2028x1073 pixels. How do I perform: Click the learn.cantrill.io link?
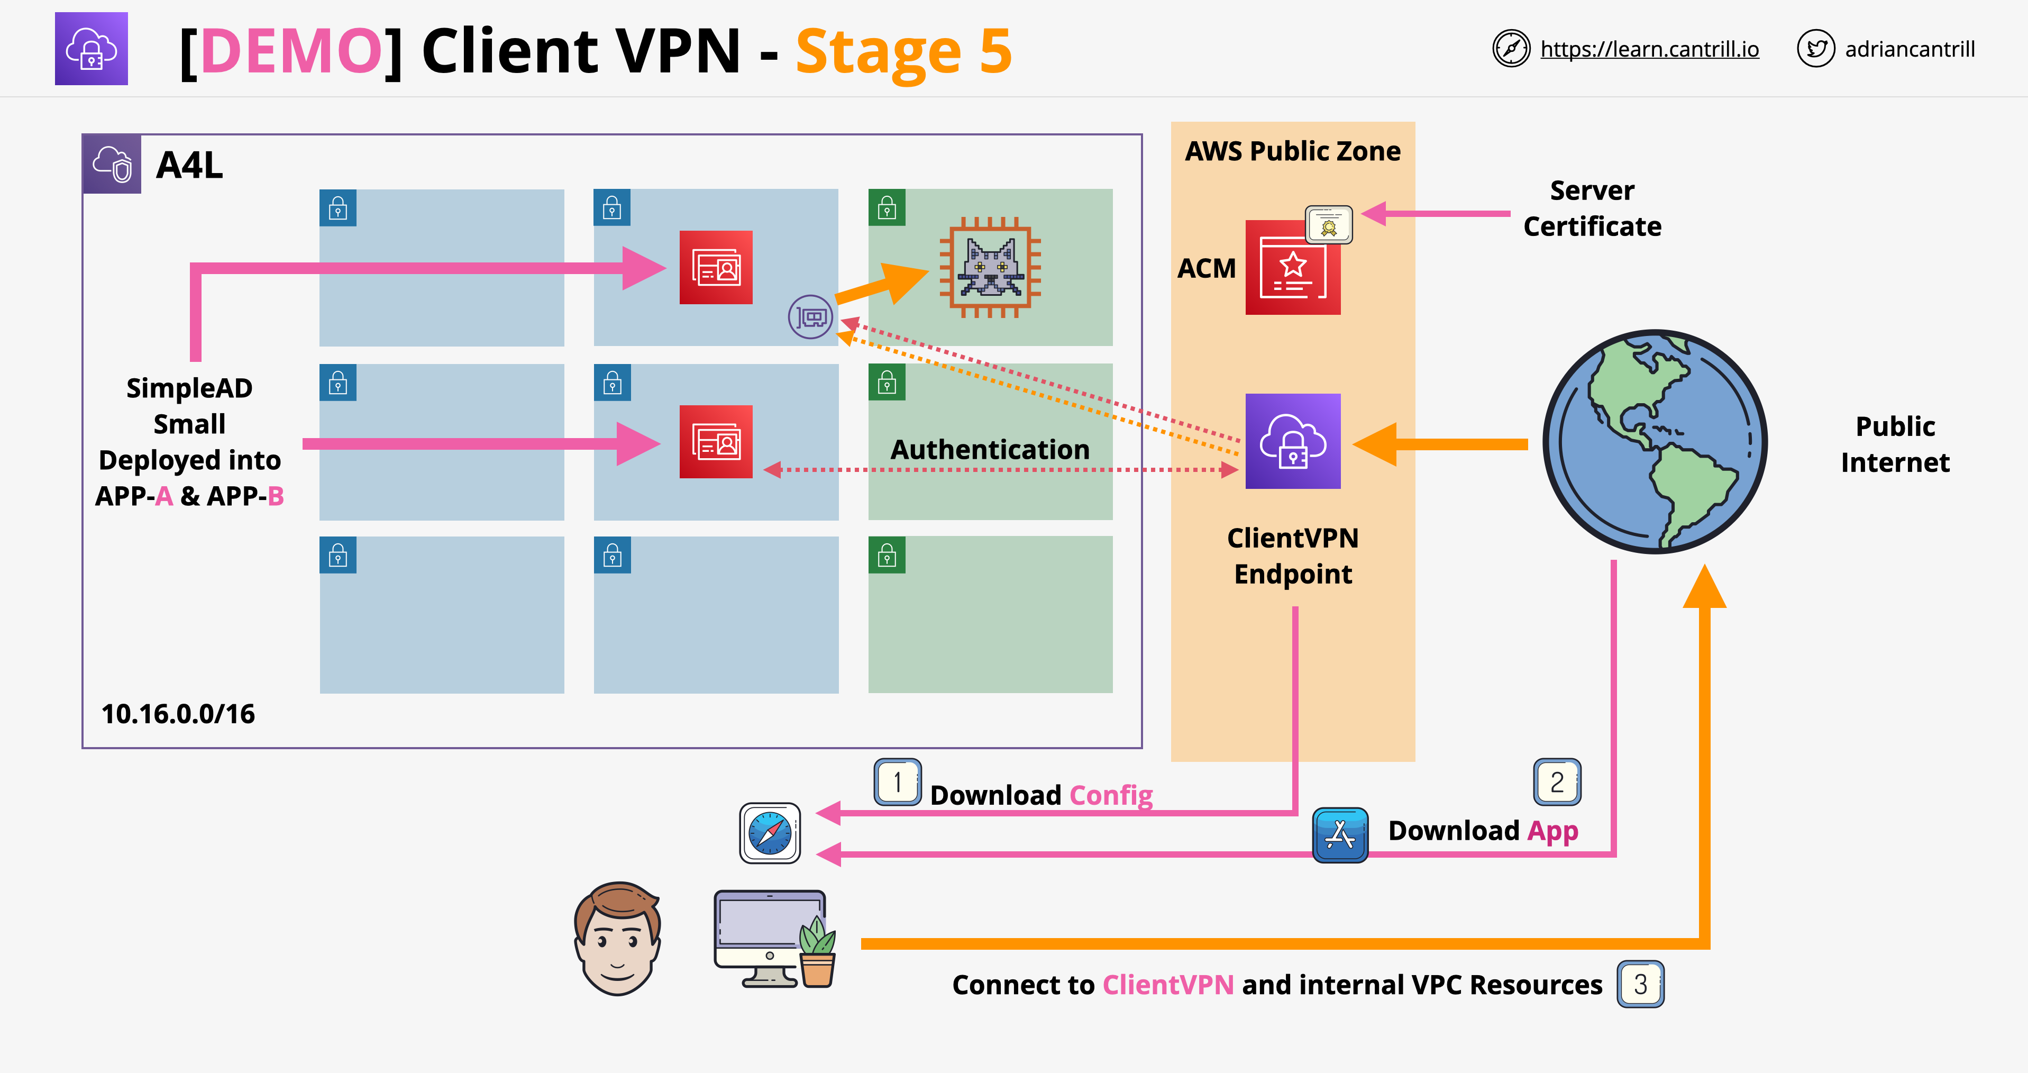pos(1649,49)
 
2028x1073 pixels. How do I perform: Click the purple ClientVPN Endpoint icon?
pos(1293,441)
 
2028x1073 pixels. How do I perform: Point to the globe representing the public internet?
pos(1655,442)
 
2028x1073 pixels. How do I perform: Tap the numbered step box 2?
pos(1557,781)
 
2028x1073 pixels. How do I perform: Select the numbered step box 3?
pos(1641,984)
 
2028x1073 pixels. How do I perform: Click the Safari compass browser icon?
pos(770,833)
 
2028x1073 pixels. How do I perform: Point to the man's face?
pos(617,939)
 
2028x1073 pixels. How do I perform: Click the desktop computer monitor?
pos(769,938)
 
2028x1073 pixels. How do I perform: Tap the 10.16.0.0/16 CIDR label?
pos(178,714)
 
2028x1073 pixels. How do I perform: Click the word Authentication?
pos(990,450)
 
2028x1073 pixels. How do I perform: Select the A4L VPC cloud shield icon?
pos(112,163)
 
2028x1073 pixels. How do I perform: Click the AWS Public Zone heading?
pos(1293,151)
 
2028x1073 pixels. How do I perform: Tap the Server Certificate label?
pos(1592,208)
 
